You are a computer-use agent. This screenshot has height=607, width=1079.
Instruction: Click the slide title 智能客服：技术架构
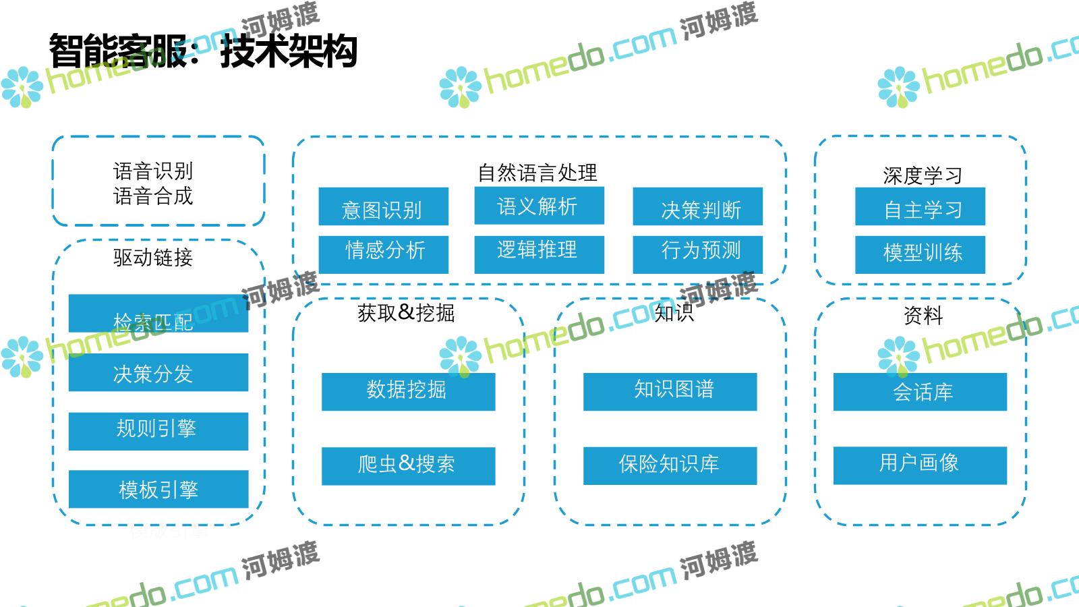203,51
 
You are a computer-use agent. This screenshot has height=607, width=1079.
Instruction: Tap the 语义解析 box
539,206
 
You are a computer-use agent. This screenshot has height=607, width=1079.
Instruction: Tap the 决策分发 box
158,372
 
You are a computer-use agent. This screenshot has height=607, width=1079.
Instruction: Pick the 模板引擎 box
158,489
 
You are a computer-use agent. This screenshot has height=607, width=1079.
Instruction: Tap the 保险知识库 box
670,465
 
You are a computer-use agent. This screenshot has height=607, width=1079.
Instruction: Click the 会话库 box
920,392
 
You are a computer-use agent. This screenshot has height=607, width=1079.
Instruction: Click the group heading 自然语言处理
537,173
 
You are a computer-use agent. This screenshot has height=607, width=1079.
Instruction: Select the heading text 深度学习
922,175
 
